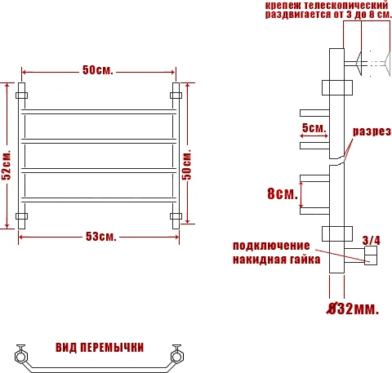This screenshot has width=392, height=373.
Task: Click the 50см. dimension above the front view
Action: pos(97,70)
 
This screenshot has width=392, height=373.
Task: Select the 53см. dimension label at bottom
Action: pos(100,237)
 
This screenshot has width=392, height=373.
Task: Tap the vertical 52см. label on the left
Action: pos(7,164)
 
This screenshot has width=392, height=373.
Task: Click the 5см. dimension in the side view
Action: pos(314,128)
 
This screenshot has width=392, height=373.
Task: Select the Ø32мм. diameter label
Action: pos(352,309)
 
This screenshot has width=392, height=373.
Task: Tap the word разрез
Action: pos(372,131)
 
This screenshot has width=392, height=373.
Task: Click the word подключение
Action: pos(271,246)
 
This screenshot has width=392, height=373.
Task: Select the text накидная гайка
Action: pos(271,260)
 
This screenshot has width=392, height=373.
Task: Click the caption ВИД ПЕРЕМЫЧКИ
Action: pos(100,348)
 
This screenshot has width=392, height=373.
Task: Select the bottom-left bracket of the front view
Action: pos(21,217)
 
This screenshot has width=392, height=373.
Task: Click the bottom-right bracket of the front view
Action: pos(175,217)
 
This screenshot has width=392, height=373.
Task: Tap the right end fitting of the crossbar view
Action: pos(176,356)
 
